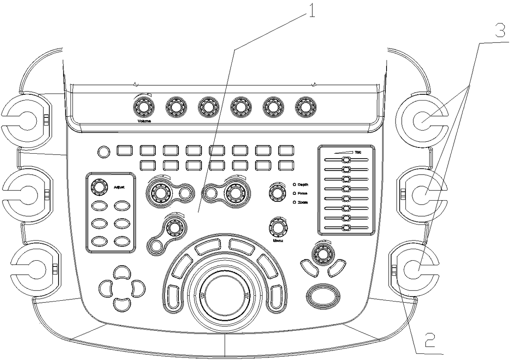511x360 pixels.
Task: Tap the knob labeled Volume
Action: tap(143, 108)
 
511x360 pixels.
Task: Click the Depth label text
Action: tap(303, 185)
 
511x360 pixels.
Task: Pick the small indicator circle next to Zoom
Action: tap(294, 203)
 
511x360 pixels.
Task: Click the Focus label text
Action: tap(303, 194)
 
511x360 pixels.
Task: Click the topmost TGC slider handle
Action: tap(346, 159)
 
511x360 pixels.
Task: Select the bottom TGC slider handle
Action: tap(346, 228)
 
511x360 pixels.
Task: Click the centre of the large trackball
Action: tap(225, 295)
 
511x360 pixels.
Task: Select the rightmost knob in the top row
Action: tap(305, 108)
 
